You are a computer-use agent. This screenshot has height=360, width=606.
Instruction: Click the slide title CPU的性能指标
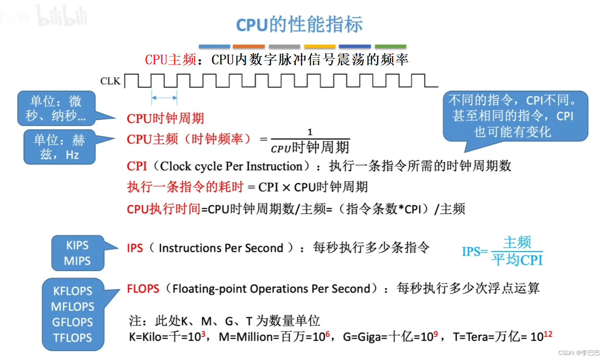coord(299,25)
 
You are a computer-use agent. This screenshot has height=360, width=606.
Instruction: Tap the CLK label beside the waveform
coord(110,81)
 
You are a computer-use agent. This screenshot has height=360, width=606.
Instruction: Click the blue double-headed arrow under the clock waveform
coord(164,98)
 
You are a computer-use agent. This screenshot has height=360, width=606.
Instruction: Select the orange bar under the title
coord(249,46)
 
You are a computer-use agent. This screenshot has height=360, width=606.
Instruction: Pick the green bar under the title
coord(390,46)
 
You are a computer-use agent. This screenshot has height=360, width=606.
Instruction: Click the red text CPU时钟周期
coord(165,119)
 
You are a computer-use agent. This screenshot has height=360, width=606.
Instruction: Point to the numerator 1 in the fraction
coord(310,132)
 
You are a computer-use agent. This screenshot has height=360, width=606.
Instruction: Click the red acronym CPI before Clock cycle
coord(137,166)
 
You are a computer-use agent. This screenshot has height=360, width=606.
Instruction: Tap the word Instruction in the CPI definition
coord(274,166)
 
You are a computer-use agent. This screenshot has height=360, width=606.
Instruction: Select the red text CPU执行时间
coord(163,209)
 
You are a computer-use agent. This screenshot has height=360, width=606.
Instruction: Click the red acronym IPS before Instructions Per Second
coord(135,248)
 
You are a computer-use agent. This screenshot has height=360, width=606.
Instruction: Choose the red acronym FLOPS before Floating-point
coord(143,289)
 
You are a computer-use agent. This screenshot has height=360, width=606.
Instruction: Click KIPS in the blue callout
coord(77,245)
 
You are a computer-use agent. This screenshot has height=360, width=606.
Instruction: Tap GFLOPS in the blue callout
coord(72,322)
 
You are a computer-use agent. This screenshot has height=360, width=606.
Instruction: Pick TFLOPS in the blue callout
coord(72,337)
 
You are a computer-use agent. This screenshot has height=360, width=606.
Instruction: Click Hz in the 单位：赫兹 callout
coord(72,155)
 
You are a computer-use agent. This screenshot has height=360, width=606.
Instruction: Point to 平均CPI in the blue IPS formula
coord(517,260)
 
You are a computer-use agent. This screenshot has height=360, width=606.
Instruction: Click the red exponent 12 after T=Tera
coord(548,334)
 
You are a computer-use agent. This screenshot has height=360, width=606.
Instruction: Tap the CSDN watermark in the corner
coord(579,353)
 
